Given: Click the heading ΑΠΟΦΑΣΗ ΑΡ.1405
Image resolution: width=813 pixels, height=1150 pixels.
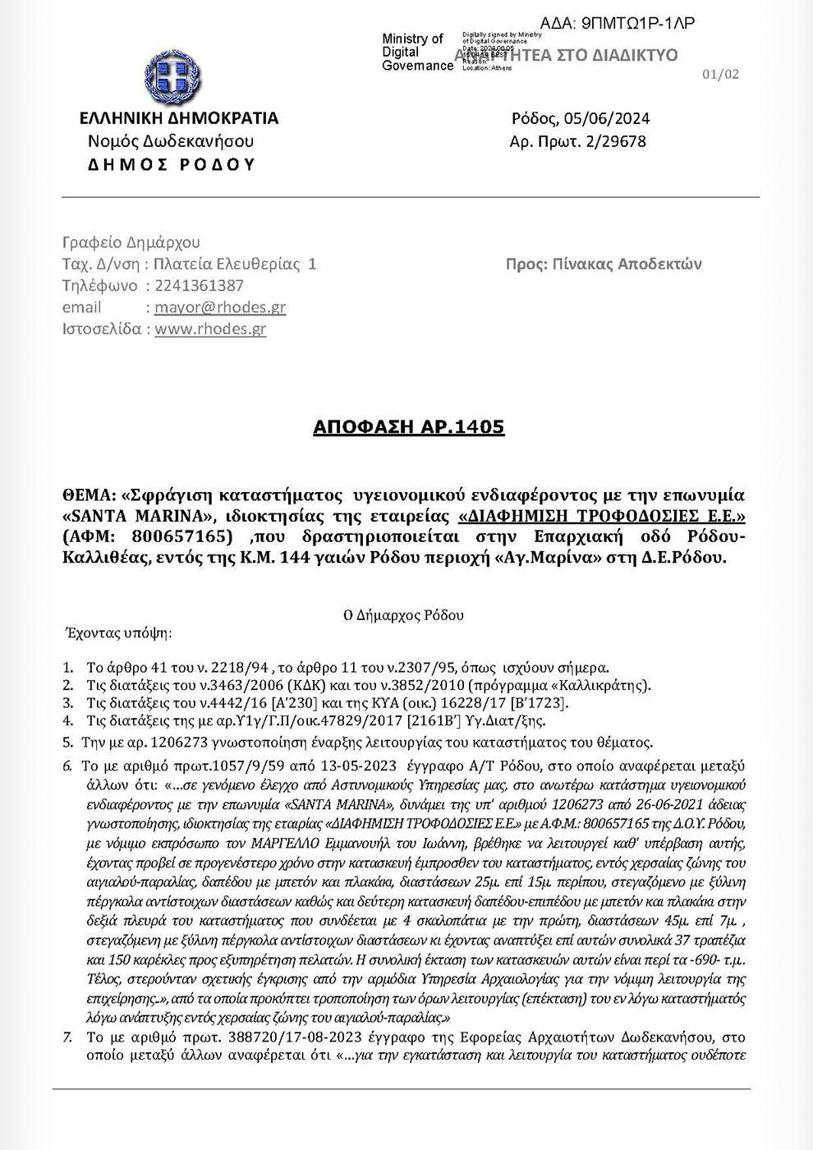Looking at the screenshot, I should coord(409,427).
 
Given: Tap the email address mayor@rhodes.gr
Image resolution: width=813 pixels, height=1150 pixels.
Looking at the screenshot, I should coord(220,307).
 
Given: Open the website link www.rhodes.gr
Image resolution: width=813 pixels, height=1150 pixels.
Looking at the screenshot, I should coord(210,329).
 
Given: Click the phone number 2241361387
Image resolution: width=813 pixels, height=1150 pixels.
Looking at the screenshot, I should coord(199,286).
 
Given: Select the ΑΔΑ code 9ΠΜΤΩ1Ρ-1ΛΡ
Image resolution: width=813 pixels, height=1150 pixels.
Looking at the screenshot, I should coord(637,23).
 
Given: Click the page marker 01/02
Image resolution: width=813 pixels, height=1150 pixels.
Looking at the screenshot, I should coord(721,74).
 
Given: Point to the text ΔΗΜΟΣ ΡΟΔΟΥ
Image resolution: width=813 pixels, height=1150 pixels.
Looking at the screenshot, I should coord(171,164).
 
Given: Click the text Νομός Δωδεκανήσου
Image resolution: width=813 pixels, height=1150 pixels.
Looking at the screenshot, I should coord(171,141).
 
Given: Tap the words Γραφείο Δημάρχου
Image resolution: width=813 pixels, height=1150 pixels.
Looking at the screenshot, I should coord(131,242).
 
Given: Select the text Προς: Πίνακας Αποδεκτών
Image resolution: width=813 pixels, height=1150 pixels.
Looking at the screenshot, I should coord(604,264).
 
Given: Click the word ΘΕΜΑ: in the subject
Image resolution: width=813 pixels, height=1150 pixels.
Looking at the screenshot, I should coord(88,495).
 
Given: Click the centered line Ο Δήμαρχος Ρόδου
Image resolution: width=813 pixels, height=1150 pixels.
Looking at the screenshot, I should coord(403,615).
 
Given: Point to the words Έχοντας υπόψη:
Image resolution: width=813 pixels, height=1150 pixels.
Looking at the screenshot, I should coord(118,633).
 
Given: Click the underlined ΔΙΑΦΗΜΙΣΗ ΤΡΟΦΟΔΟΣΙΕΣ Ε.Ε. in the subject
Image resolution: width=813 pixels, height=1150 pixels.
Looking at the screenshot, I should coord(601,517).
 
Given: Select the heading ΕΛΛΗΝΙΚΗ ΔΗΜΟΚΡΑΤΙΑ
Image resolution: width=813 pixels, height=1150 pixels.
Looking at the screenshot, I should coord(179,118).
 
